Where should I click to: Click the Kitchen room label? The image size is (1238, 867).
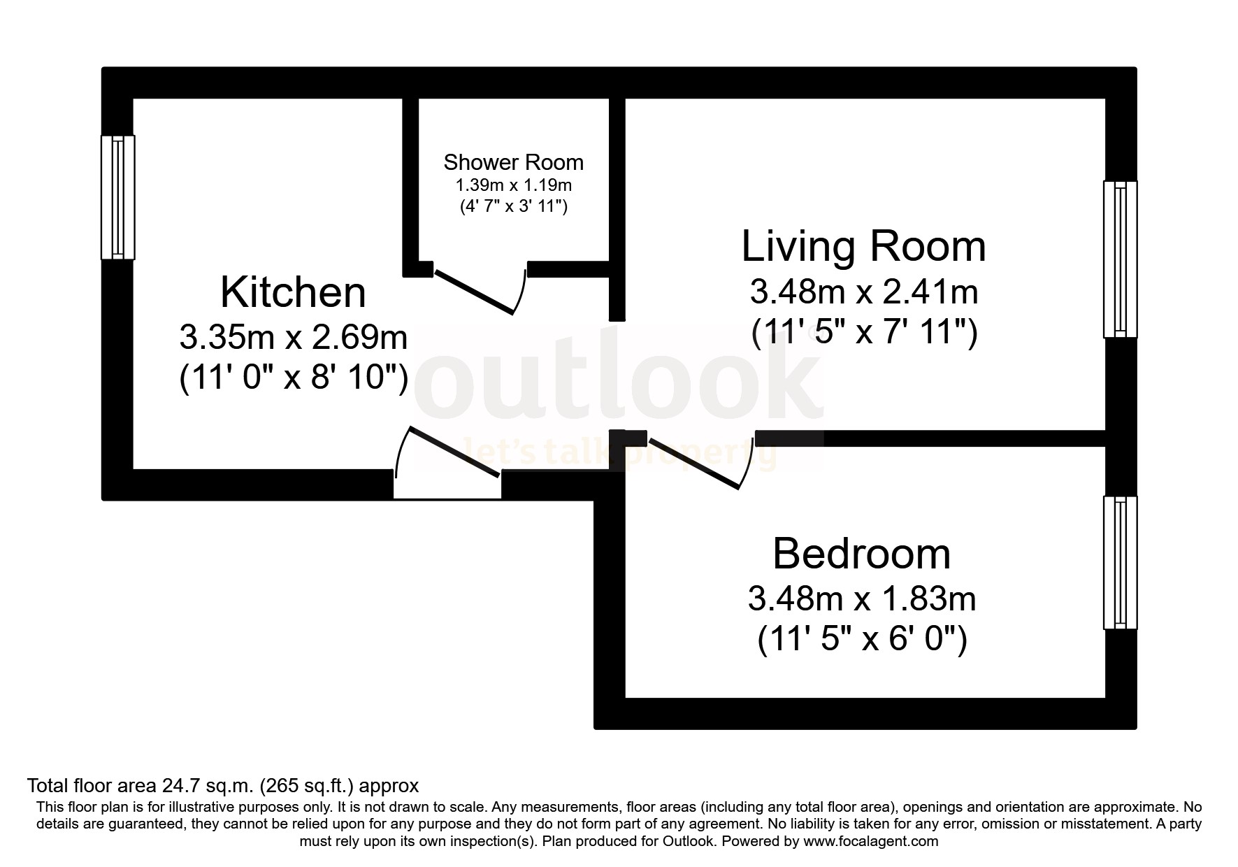point(293,292)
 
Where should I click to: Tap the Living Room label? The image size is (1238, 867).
point(863,246)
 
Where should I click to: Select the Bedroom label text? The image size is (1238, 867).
point(861,554)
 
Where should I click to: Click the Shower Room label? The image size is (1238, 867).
point(513,162)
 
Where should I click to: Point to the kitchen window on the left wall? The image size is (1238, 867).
point(117,197)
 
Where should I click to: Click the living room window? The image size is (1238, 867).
point(1120,259)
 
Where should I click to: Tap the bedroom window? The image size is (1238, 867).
point(1120,563)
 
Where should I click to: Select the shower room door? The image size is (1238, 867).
point(475,291)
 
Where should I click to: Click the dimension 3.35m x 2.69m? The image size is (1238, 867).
point(293,338)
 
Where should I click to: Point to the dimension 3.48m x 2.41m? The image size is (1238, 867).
point(863,292)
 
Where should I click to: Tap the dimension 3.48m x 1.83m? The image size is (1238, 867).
point(861,599)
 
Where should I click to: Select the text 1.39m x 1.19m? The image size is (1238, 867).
point(513,185)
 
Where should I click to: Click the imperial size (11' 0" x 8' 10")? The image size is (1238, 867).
point(293,379)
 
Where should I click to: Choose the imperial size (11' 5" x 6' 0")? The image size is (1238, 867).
point(861,639)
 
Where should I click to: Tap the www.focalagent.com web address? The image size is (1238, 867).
point(870,841)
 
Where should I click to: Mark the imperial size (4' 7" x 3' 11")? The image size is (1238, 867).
point(513,206)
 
